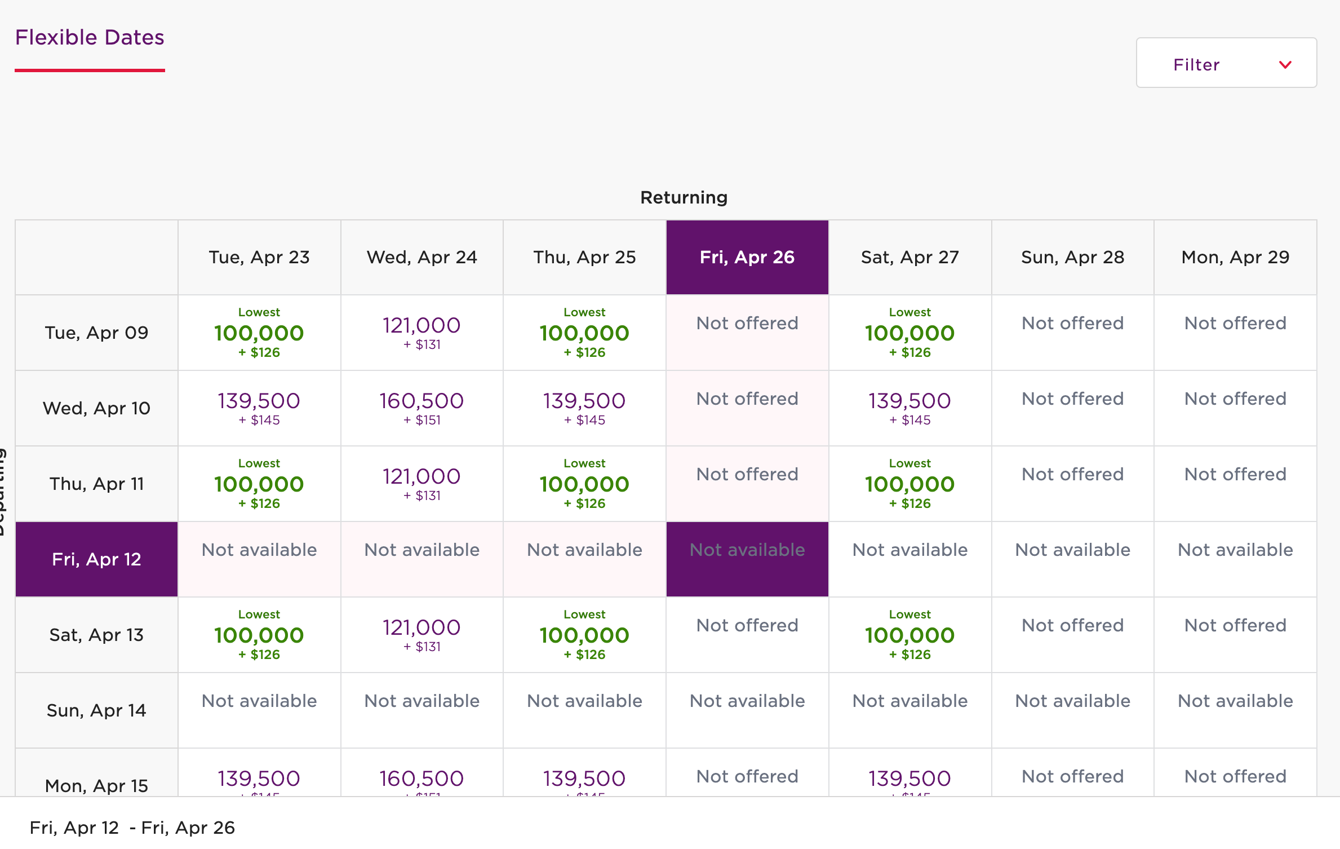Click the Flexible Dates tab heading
[90, 38]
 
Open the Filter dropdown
[1226, 63]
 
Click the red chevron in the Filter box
[1285, 64]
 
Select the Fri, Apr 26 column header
[747, 257]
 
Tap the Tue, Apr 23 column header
[259, 257]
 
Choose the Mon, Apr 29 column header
[1235, 257]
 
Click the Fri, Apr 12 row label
[96, 559]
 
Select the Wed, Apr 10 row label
[96, 408]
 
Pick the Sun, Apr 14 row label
[96, 710]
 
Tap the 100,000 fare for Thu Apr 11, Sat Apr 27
[909, 484]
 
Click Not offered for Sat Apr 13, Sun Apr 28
[1072, 626]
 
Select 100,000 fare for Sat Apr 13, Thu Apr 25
[584, 635]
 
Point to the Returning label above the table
[684, 197]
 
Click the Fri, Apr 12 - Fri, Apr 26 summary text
[132, 828]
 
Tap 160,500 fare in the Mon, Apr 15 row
[421, 779]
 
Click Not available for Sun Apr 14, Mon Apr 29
[1235, 701]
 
